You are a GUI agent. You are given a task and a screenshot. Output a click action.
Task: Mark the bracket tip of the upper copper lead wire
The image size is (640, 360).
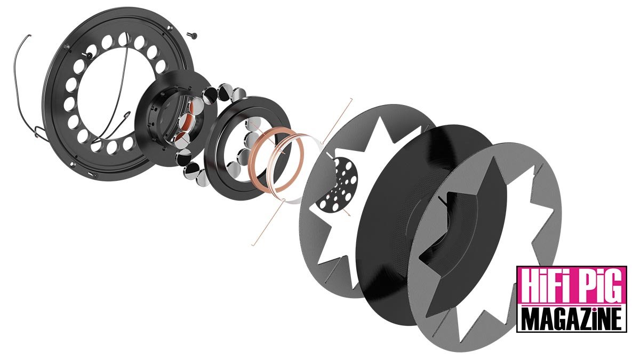[350, 100]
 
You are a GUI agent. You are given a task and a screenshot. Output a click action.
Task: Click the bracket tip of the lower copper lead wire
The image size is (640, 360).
[252, 245]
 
